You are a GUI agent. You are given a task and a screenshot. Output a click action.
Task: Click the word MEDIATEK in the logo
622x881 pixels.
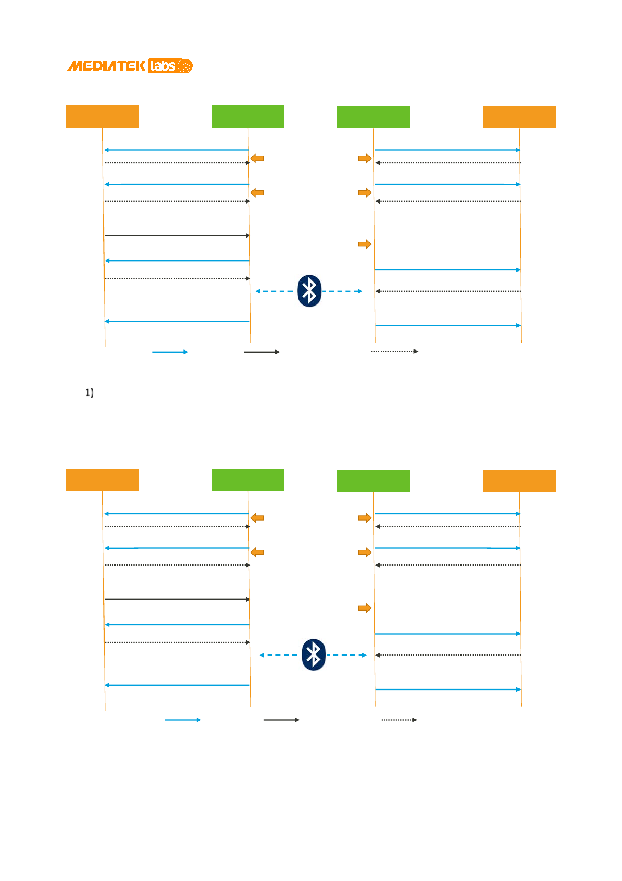[x=107, y=66]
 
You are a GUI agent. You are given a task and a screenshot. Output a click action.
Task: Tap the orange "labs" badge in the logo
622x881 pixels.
[x=162, y=66]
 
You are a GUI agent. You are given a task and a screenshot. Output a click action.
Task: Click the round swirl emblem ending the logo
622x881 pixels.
[x=185, y=66]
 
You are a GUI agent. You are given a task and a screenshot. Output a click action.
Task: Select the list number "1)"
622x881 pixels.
[x=89, y=392]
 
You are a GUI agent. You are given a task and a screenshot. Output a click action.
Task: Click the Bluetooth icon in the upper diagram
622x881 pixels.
[x=309, y=291]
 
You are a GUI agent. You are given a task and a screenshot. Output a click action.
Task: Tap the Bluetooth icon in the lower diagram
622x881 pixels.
[x=314, y=654]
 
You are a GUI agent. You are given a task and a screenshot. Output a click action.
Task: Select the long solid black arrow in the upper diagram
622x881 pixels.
[x=177, y=235]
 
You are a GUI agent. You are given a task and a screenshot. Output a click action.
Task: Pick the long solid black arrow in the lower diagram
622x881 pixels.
[x=177, y=600]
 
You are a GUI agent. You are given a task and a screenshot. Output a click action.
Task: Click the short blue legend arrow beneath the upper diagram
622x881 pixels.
[x=170, y=352]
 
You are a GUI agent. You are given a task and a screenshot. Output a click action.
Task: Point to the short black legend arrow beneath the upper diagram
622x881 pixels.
[x=262, y=352]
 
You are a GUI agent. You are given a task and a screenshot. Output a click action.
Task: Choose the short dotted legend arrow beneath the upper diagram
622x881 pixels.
[x=395, y=352]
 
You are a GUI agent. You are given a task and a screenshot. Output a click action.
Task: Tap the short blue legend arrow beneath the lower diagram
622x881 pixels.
[x=183, y=720]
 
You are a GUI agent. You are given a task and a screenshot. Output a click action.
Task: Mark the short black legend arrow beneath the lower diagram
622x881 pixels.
[x=282, y=720]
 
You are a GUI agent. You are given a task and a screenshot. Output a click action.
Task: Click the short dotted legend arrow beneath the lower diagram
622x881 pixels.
[x=399, y=720]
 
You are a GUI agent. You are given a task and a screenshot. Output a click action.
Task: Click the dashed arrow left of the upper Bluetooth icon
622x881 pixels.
[x=274, y=291]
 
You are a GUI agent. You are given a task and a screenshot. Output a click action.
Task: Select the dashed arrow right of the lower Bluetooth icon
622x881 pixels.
[x=347, y=655]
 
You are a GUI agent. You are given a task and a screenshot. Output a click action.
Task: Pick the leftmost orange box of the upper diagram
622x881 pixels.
[x=102, y=116]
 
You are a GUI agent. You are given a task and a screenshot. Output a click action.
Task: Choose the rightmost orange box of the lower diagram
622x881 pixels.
[x=519, y=481]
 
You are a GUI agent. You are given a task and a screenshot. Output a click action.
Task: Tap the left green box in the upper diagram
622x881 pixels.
[x=248, y=116]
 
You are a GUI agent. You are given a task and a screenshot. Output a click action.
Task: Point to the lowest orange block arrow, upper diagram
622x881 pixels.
[x=364, y=244]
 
